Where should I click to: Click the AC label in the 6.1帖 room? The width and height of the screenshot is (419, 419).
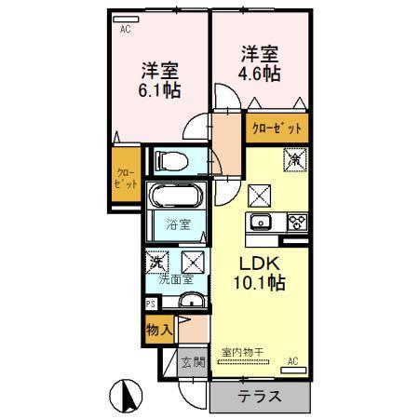click(125, 28)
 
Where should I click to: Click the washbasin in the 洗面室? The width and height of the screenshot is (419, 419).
click(190, 300)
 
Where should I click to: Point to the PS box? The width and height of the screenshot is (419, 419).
click(151, 304)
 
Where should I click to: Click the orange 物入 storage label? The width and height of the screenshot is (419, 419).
click(157, 328)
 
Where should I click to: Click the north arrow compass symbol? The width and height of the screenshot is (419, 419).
click(128, 398)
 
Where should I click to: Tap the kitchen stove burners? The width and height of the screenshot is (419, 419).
click(297, 222)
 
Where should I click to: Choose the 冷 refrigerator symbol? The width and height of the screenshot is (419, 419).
click(295, 159)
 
